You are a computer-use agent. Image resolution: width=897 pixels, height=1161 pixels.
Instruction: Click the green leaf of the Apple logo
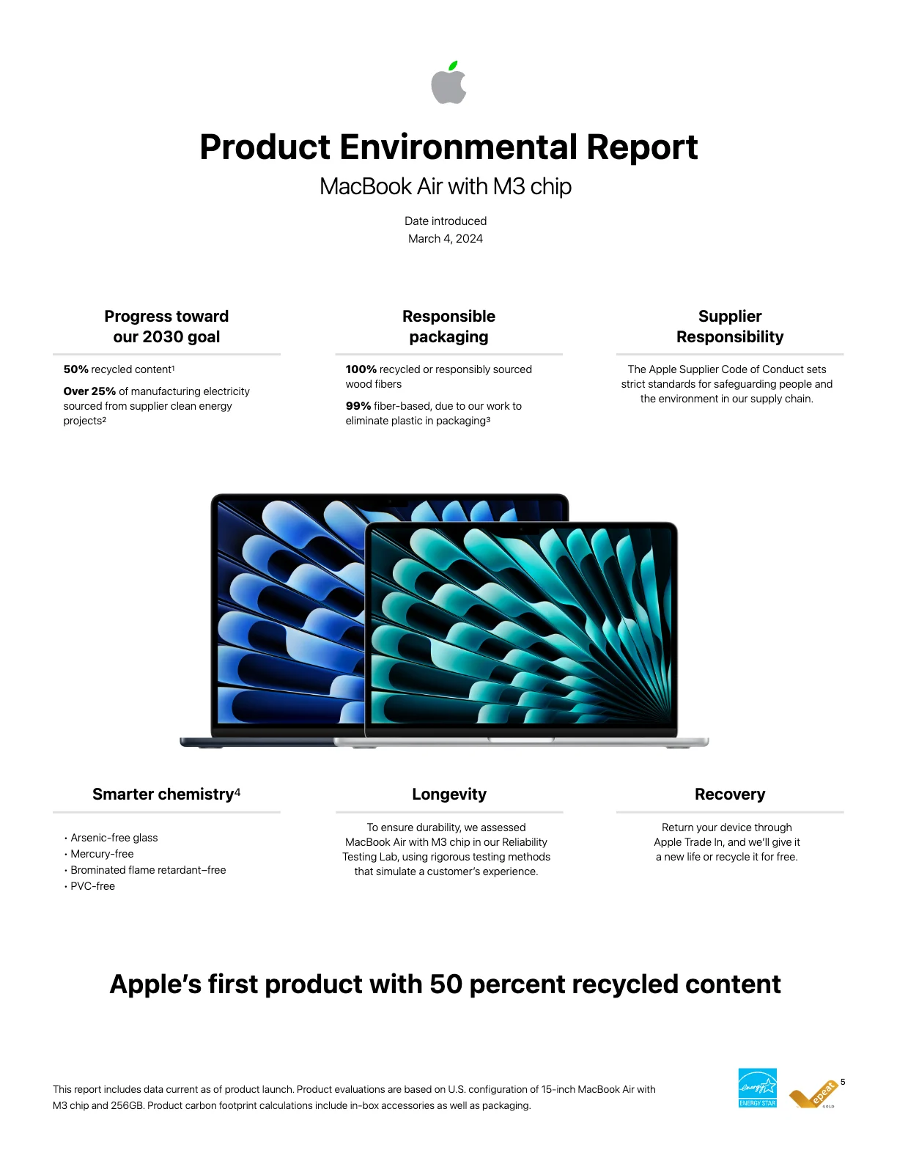453,66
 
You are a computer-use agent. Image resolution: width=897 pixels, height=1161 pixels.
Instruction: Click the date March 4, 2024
445,238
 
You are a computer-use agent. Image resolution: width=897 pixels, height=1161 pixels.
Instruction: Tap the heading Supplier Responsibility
729,326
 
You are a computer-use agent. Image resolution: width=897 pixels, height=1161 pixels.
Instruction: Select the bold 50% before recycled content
76,369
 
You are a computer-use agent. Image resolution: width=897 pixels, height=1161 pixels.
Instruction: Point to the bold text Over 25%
89,391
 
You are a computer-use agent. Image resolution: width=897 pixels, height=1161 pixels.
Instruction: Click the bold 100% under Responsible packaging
361,369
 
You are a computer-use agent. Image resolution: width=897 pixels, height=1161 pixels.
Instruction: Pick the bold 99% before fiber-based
358,406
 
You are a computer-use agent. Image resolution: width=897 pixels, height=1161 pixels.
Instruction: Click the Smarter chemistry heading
166,794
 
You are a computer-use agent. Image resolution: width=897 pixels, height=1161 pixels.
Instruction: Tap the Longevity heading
448,795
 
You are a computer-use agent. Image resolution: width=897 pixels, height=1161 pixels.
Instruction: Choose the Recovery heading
730,795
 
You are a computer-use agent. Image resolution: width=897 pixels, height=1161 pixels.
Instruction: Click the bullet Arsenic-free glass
114,838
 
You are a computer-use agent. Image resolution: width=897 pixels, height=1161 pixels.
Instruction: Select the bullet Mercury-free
102,854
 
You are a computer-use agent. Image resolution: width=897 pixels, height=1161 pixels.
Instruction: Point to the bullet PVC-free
92,886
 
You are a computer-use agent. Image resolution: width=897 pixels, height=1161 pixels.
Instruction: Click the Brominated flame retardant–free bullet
147,870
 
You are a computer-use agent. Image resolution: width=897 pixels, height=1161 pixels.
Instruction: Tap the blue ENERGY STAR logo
757,1088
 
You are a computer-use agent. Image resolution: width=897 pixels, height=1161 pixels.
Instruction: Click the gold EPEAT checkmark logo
813,1094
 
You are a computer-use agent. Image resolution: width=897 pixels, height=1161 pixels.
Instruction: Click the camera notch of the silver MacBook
521,529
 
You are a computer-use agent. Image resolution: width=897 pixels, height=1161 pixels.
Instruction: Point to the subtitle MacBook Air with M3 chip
445,186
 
